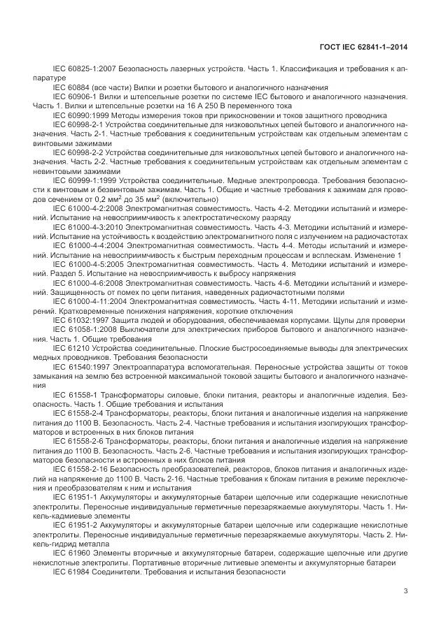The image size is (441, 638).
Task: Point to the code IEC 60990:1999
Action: [x=77, y=115]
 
